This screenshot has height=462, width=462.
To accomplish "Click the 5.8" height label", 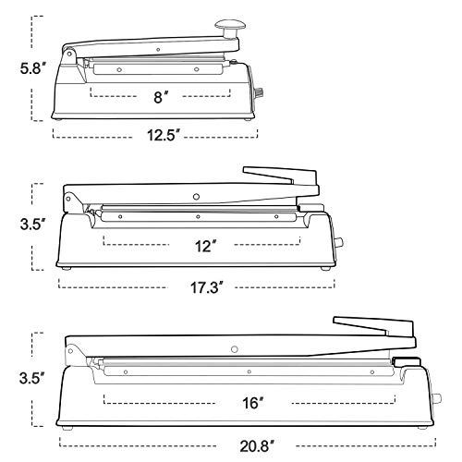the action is [x=33, y=68].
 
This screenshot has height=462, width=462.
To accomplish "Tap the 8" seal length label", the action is [x=161, y=98].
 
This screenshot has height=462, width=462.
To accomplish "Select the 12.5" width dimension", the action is [x=163, y=135].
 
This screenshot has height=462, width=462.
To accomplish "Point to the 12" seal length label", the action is [x=205, y=246].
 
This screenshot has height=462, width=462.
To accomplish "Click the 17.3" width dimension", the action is [x=206, y=287].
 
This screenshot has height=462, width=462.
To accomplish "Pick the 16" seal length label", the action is [x=253, y=403].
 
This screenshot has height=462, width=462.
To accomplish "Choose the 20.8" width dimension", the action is [x=257, y=446].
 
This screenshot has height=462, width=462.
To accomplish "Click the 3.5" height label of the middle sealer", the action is [x=33, y=224].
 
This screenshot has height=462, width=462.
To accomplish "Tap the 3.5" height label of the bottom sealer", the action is [x=32, y=378].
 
